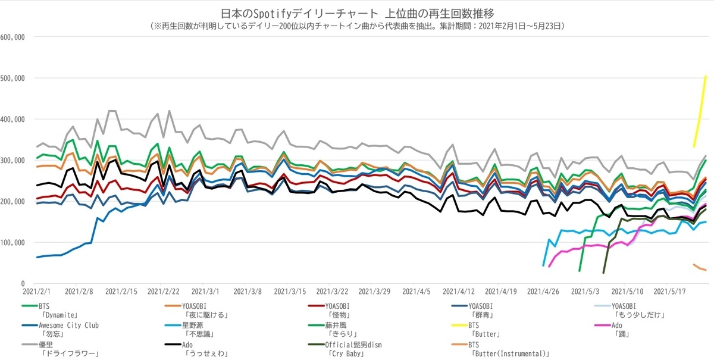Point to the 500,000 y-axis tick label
pyautogui.click(x=12, y=78)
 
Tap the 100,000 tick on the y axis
pyautogui.click(x=12, y=242)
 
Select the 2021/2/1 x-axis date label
pyautogui.click(x=37, y=292)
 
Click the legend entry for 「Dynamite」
pyautogui.click(x=59, y=311)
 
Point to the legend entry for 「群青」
pyautogui.click(x=488, y=311)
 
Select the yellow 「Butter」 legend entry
pyautogui.click(x=488, y=330)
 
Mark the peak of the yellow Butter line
pyautogui.click(x=706, y=76)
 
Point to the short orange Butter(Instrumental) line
pyautogui.click(x=700, y=268)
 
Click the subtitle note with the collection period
pyautogui.click(x=357, y=26)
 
